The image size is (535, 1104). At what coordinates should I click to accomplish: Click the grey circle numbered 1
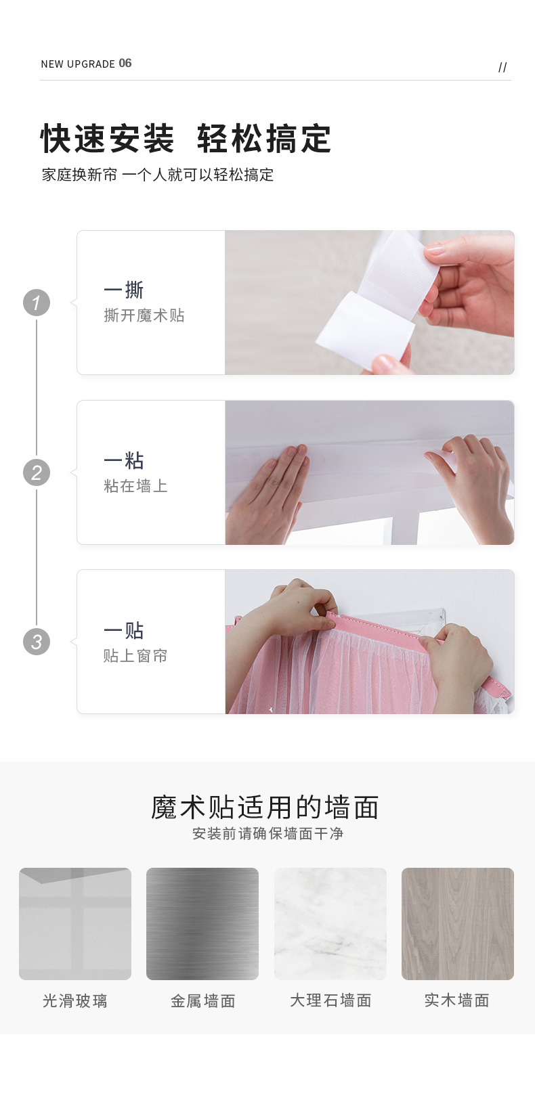click(x=37, y=303)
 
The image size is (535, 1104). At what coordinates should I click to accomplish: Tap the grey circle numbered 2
click(x=37, y=472)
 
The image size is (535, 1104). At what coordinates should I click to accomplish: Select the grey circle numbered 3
click(x=37, y=642)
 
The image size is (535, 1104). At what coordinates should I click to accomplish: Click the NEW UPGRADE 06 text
click(x=86, y=64)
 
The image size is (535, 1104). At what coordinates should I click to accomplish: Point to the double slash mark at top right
click(x=502, y=68)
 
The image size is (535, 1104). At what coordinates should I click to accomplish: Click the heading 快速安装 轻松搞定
click(x=186, y=139)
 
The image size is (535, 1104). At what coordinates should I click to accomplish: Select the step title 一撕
click(x=124, y=290)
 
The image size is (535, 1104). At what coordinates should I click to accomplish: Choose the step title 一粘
click(x=124, y=461)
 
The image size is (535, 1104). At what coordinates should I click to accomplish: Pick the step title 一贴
click(x=124, y=630)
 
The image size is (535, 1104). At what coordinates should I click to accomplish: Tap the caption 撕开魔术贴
click(x=144, y=315)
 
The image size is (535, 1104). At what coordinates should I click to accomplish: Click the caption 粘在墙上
click(x=135, y=486)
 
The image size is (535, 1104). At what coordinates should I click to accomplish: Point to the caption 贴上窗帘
click(x=135, y=656)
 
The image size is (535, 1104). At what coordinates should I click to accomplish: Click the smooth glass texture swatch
click(x=75, y=924)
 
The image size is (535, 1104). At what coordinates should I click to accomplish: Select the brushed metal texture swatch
click(x=202, y=924)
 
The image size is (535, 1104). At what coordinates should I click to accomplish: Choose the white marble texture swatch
click(x=330, y=924)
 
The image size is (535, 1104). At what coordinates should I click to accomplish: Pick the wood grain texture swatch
click(x=458, y=924)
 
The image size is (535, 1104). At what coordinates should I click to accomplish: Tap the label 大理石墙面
click(x=330, y=1000)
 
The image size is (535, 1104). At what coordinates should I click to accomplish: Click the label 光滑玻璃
click(x=75, y=1001)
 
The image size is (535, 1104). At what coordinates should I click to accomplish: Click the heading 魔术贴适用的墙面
click(x=265, y=808)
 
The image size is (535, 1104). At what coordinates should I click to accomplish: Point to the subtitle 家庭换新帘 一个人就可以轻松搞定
click(x=158, y=175)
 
